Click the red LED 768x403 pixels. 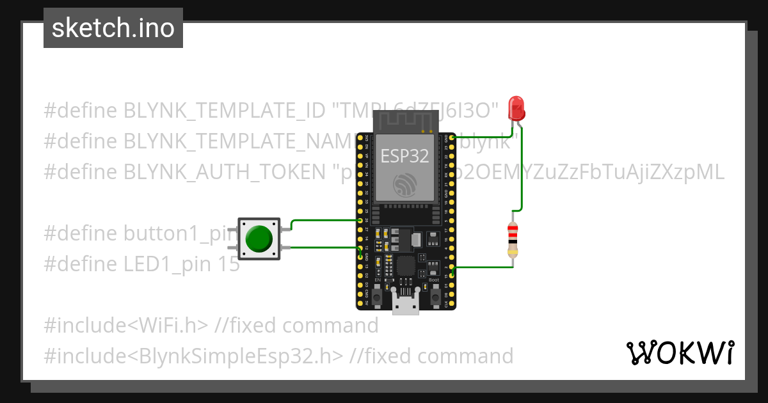(516, 108)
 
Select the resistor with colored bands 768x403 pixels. (512, 240)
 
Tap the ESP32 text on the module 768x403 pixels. (404, 156)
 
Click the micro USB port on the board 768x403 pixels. (406, 306)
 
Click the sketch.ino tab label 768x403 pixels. (113, 28)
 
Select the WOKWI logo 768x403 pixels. (680, 352)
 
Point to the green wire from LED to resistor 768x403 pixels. (523, 173)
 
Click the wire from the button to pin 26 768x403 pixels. (320, 221)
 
